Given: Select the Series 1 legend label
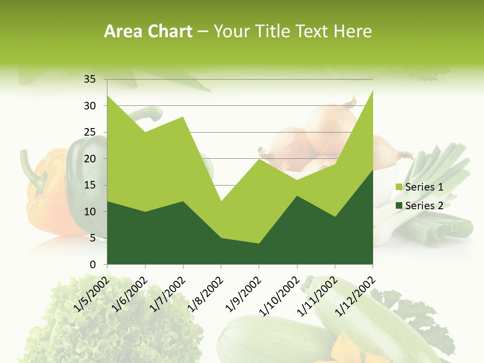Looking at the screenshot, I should click(424, 187).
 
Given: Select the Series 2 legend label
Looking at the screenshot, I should click(424, 205).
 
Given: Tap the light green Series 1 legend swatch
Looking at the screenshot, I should click(399, 187).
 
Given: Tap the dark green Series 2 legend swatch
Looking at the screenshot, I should click(399, 205).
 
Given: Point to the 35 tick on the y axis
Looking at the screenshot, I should click(89, 79).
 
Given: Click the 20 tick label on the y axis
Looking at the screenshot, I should click(89, 159).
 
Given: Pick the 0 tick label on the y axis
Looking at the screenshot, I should click(92, 264).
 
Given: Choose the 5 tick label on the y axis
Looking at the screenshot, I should click(92, 238).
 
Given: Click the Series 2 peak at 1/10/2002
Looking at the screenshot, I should click(297, 196).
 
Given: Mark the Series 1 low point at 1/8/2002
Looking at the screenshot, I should click(221, 201).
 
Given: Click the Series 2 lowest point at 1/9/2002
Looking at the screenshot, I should click(259, 244).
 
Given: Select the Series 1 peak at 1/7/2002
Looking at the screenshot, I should click(183, 116).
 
